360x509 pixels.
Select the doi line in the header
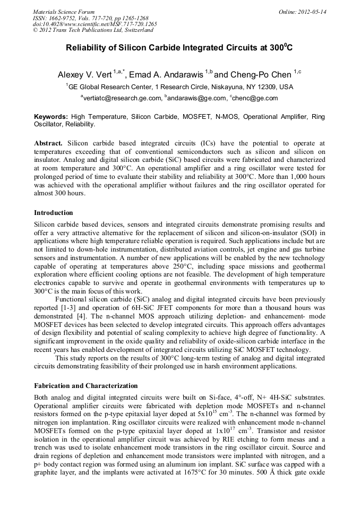click(95, 24)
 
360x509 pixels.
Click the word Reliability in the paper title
click(85, 48)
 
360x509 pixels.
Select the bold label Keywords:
click(51, 116)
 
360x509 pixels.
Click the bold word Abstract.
click(48, 144)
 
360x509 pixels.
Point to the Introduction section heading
click(53, 213)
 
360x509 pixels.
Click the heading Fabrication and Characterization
click(85, 386)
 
